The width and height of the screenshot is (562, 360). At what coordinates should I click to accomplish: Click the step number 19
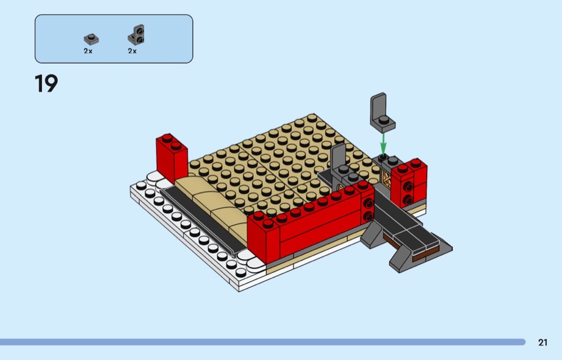point(46,83)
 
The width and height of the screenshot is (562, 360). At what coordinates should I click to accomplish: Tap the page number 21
point(543,342)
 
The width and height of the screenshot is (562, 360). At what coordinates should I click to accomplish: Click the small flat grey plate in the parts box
point(92,39)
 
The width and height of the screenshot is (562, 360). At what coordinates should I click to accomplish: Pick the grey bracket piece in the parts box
point(136,35)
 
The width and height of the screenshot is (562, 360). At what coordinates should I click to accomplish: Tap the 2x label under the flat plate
point(88,51)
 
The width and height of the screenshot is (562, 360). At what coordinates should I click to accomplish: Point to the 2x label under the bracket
point(132,51)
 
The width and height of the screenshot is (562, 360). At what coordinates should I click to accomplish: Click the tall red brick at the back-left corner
point(171,158)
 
